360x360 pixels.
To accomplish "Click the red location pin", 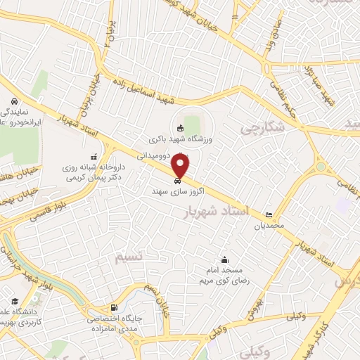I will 181,167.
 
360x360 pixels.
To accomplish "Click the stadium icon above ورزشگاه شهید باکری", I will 180,128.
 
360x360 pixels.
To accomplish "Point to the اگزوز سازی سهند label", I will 169,191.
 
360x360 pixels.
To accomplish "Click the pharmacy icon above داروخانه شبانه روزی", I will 94,157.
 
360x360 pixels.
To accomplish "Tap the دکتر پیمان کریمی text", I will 82,179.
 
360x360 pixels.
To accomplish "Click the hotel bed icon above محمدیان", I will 268,215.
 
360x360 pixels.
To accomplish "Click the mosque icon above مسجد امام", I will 224,259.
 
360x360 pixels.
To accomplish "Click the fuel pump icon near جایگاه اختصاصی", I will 113,308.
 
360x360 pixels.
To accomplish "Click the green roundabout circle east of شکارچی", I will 321,167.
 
